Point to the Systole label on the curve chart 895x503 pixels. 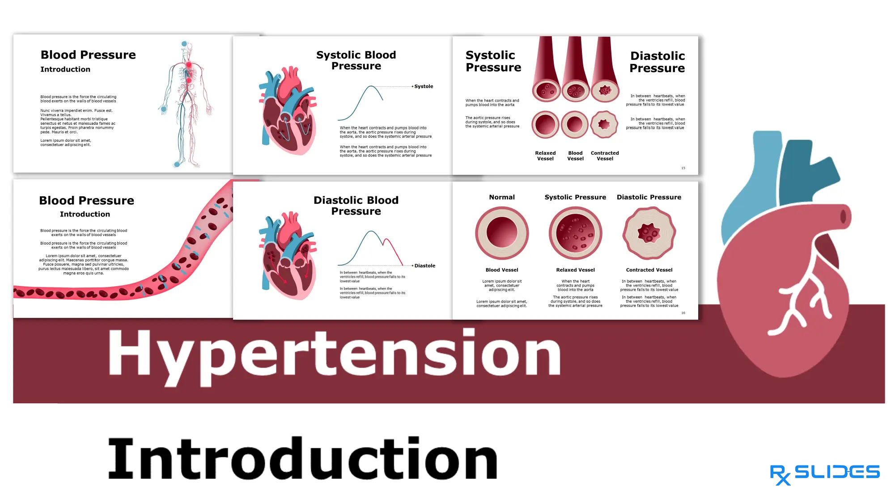[423, 86]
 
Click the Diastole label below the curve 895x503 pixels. [424, 266]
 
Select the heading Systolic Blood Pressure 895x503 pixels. [356, 60]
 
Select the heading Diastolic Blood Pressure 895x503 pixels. [356, 206]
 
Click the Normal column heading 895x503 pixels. [501, 197]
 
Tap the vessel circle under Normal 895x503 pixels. [502, 233]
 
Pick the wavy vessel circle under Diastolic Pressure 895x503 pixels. [649, 233]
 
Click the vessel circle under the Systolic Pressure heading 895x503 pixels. [575, 233]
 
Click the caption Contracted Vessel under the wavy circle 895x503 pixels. [649, 270]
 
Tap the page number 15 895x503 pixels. [683, 168]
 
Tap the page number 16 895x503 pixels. [683, 313]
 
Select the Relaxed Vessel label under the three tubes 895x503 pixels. [545, 156]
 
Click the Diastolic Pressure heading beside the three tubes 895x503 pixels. [657, 62]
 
